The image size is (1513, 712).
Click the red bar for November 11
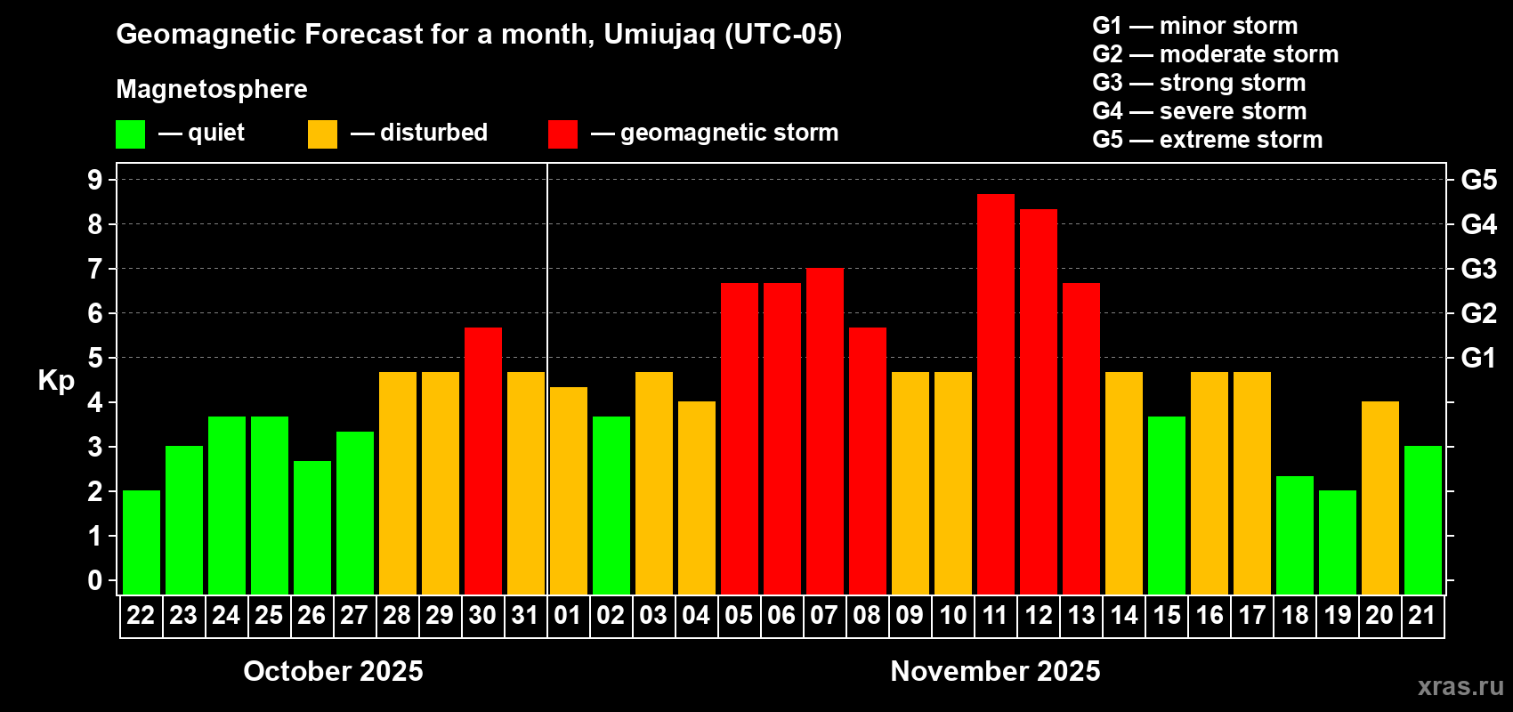click(x=995, y=393)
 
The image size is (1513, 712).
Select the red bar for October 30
click(x=482, y=460)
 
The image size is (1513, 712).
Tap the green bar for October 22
click(x=141, y=542)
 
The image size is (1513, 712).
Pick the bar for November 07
click(x=824, y=431)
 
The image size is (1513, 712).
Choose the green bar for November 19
click(x=1337, y=542)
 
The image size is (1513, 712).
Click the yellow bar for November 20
click(x=1379, y=498)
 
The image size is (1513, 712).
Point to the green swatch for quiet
click(x=130, y=134)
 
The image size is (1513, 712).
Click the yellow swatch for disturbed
click(x=322, y=134)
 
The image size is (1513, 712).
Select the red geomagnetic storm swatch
click(x=562, y=134)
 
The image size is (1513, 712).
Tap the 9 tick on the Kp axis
click(x=95, y=180)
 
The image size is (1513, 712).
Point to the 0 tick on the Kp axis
click(x=95, y=580)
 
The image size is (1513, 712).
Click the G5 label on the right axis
click(x=1478, y=180)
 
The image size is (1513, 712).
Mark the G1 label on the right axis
click(x=1478, y=358)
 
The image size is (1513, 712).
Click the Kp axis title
click(x=56, y=380)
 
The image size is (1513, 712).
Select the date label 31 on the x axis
click(x=525, y=615)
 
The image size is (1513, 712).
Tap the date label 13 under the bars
click(x=1080, y=615)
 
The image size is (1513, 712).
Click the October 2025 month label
click(x=333, y=671)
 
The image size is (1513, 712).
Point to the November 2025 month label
click(x=995, y=671)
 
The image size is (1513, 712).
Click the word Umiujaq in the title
click(x=659, y=35)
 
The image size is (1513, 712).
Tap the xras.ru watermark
click(x=1460, y=686)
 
